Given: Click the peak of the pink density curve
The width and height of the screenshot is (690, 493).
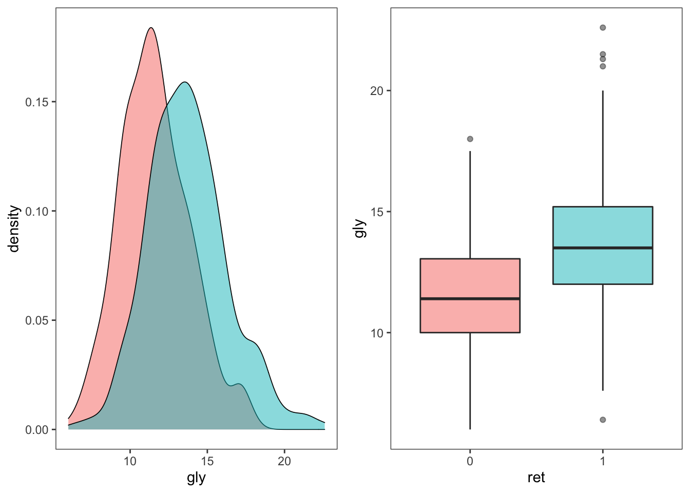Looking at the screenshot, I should click(x=150, y=28).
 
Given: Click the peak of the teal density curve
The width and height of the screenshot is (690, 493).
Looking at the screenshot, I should click(x=185, y=82).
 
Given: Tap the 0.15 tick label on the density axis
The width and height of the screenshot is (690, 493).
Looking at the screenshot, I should click(x=37, y=102).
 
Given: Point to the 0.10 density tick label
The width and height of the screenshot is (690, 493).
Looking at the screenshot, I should click(x=37, y=212).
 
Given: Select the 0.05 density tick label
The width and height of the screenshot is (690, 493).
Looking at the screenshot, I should click(x=37, y=320).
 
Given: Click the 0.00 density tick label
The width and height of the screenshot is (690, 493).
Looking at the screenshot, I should click(x=37, y=430).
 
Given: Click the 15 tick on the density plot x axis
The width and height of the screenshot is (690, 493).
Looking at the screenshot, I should click(x=207, y=461).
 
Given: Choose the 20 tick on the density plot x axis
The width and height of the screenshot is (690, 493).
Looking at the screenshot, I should click(x=284, y=461).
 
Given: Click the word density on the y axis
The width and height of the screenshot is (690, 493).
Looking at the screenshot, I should click(x=14, y=229).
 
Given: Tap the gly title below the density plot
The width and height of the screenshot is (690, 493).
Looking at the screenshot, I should click(x=196, y=478).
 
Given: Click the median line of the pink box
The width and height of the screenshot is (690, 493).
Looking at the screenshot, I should click(x=470, y=298).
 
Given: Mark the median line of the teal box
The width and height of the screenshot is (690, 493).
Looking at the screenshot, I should click(x=602, y=248).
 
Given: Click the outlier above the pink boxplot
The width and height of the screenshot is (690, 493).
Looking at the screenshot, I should click(x=470, y=139).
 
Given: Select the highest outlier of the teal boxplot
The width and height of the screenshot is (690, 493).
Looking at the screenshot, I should click(x=603, y=28).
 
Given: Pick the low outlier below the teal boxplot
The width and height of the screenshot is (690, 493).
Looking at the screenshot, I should click(x=603, y=420).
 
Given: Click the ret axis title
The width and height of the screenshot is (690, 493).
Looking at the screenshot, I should click(x=536, y=478).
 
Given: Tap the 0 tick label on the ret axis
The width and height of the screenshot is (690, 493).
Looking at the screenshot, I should click(x=470, y=461).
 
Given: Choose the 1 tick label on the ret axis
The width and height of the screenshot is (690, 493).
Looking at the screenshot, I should click(x=603, y=461).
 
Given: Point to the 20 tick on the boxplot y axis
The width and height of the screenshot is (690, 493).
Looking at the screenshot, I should click(x=377, y=91).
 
